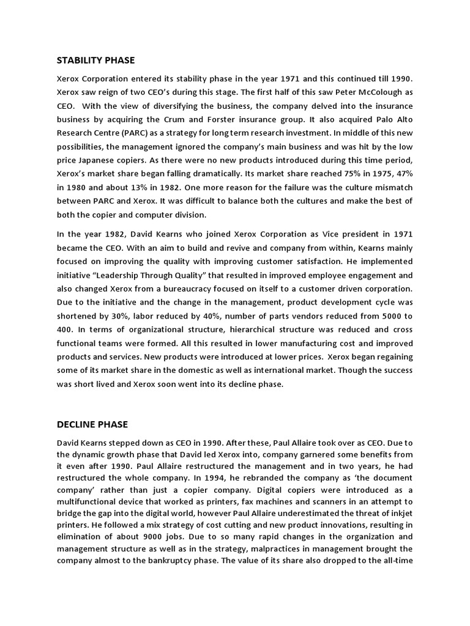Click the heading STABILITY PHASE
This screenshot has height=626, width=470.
point(95,60)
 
